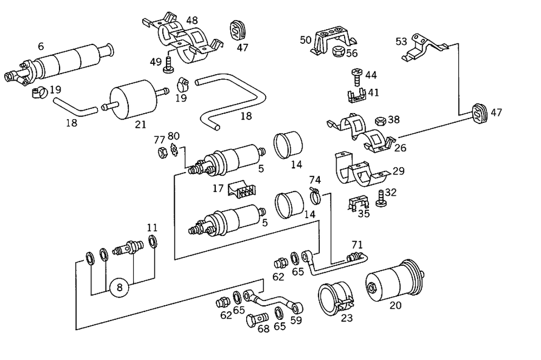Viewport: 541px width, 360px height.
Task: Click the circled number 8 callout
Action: [120, 288]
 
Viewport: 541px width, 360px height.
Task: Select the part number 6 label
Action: [41, 47]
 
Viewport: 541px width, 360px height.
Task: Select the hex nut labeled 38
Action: [379, 120]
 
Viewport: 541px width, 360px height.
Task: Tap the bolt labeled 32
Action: [380, 198]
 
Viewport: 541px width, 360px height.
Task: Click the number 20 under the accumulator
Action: [395, 305]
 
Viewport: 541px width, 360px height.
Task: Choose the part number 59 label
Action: [296, 320]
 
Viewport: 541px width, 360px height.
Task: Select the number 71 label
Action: [357, 245]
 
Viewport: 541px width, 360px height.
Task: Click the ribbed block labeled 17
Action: [243, 189]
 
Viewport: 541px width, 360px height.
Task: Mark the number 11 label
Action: [152, 227]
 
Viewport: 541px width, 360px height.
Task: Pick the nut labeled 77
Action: [161, 152]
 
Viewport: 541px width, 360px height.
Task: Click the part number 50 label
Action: [305, 40]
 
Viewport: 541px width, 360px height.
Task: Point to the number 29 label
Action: [398, 171]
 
